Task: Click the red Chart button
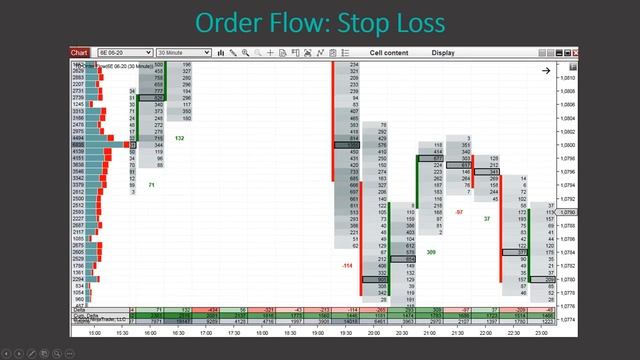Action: [79, 52]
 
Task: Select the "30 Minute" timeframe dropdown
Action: [180, 52]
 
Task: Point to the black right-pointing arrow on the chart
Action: [546, 71]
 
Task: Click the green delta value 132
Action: [179, 139]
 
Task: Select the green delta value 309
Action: [431, 253]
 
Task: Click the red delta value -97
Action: [459, 213]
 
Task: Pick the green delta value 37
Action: [487, 218]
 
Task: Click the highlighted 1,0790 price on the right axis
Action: [568, 213]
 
